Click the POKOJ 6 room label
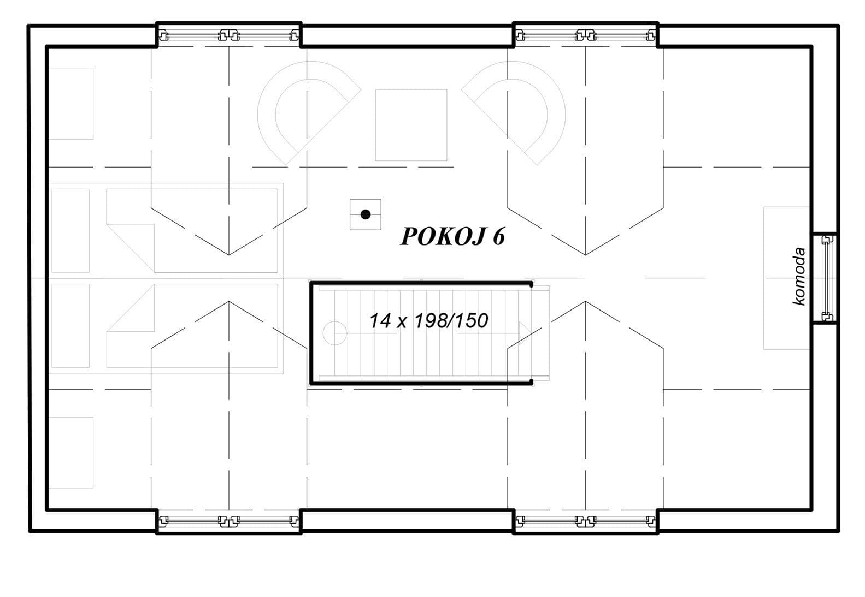pyautogui.click(x=452, y=236)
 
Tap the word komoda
pyautogui.click(x=799, y=276)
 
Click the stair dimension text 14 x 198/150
pyautogui.click(x=428, y=320)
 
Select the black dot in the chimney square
pyautogui.click(x=366, y=214)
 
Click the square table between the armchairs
pyautogui.click(x=411, y=125)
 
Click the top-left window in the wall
pyautogui.click(x=228, y=36)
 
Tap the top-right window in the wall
pyautogui.click(x=585, y=36)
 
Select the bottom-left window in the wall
pyautogui.click(x=228, y=521)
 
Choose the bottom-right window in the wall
pyautogui.click(x=585, y=521)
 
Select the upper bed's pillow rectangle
pyautogui.click(x=70, y=230)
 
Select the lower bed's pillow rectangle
pyautogui.click(x=70, y=325)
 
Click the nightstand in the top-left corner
pyautogui.click(x=70, y=103)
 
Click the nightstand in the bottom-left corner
pyautogui.click(x=70, y=452)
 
